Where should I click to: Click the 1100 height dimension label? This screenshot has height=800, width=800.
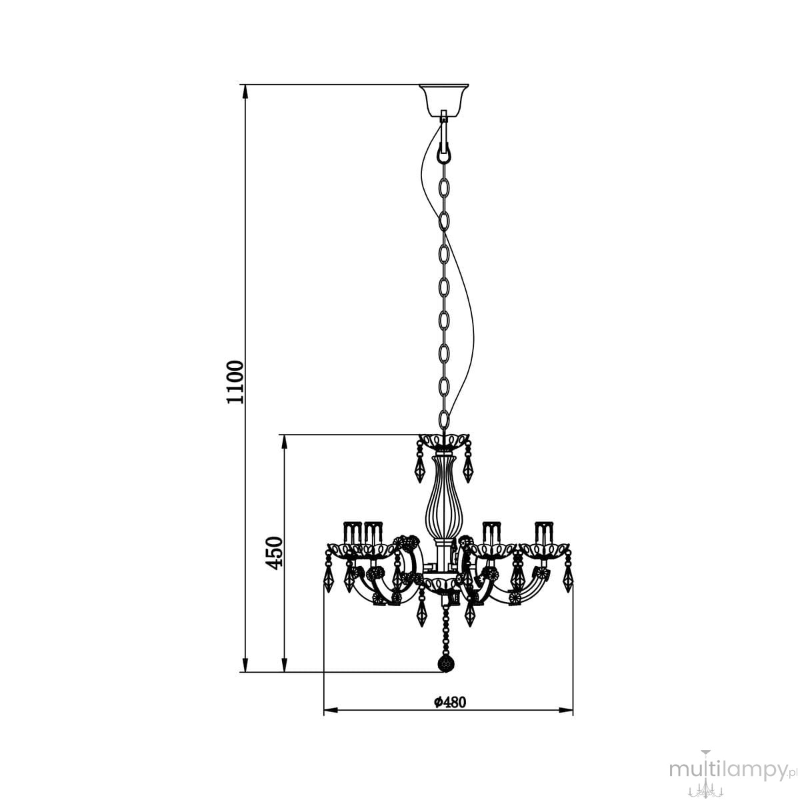coord(235,382)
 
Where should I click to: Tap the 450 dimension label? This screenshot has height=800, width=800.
coord(275,553)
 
